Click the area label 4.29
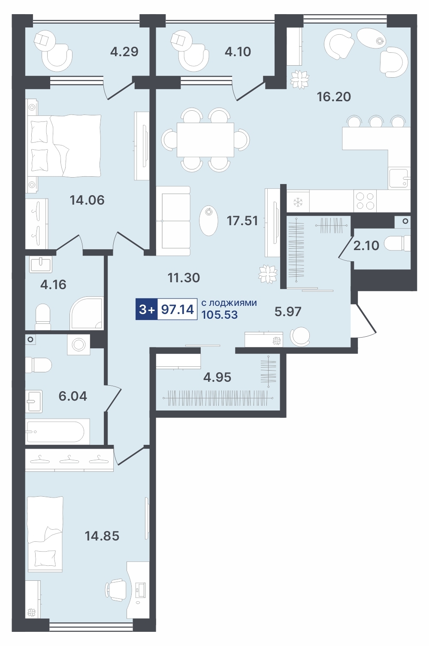click(x=124, y=52)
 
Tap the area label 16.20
click(x=334, y=97)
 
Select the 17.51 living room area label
click(x=242, y=221)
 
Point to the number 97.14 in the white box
click(x=178, y=309)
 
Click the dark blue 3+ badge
click(x=147, y=309)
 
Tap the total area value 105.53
click(x=220, y=315)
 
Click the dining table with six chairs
click(x=205, y=139)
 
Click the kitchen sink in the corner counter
click(x=399, y=178)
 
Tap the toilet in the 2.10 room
click(x=398, y=243)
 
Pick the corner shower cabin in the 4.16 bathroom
click(x=86, y=313)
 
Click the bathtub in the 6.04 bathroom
click(x=57, y=432)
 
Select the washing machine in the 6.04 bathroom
click(x=79, y=344)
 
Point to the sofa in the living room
click(x=173, y=221)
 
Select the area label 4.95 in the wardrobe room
click(x=217, y=377)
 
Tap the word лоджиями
click(x=232, y=303)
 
